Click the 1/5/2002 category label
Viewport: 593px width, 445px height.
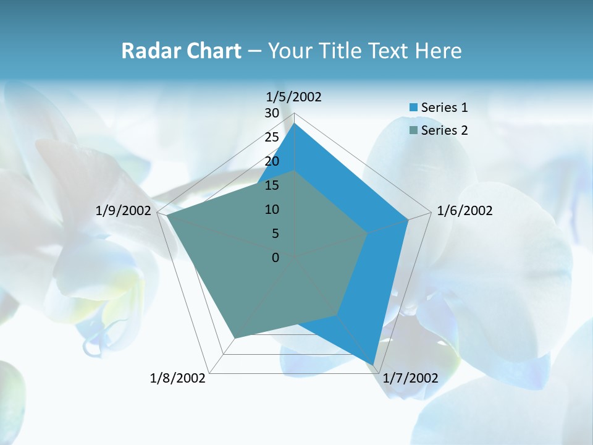click(x=294, y=97)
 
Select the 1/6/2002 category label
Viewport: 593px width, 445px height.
click(x=465, y=211)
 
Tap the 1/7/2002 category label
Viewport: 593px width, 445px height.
click(x=410, y=378)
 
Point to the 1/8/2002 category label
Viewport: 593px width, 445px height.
click(x=178, y=378)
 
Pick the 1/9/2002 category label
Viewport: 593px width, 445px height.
click(x=124, y=211)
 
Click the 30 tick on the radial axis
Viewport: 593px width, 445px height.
click(x=272, y=113)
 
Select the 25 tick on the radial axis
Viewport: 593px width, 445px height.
click(x=272, y=137)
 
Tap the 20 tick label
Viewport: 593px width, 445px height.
click(x=272, y=161)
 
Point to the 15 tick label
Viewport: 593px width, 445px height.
click(x=272, y=185)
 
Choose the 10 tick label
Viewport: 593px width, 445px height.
click(x=272, y=210)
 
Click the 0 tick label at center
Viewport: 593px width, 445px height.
click(x=275, y=258)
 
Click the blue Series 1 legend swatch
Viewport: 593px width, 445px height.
click(x=413, y=108)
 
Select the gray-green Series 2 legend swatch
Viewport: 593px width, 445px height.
click(x=413, y=130)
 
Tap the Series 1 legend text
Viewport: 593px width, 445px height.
click(x=444, y=108)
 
